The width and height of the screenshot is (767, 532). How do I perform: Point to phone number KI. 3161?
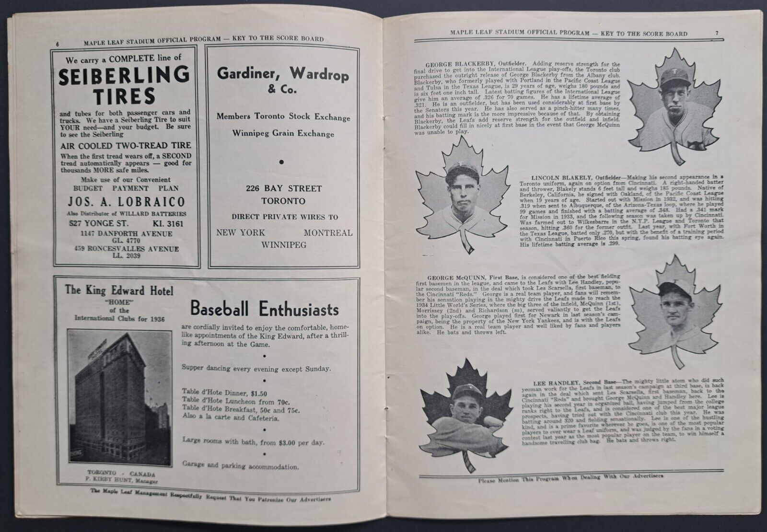[x=166, y=223]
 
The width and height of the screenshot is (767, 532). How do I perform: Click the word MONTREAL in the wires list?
[x=328, y=233]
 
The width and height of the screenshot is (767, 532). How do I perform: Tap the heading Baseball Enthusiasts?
[x=264, y=309]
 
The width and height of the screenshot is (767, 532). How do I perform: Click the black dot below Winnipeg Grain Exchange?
[x=282, y=162]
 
